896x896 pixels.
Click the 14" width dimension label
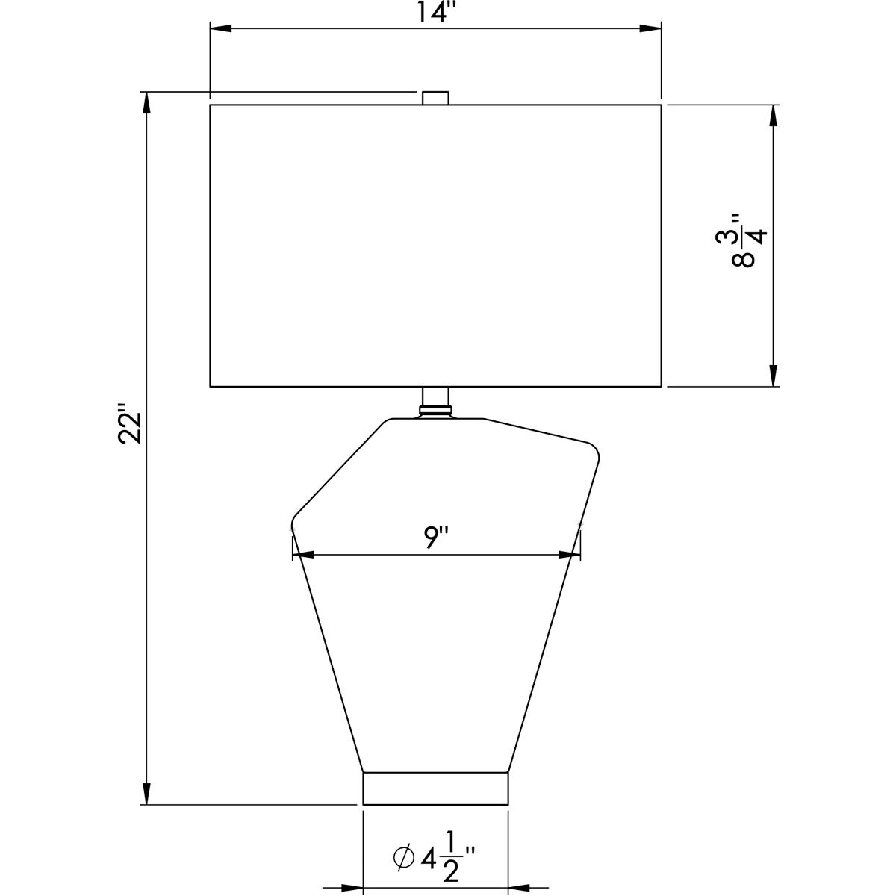pyautogui.click(x=435, y=12)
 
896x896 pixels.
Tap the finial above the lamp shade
pyautogui.click(x=435, y=98)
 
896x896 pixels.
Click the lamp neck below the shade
pyautogui.click(x=435, y=396)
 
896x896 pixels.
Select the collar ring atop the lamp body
pyautogui.click(x=435, y=411)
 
